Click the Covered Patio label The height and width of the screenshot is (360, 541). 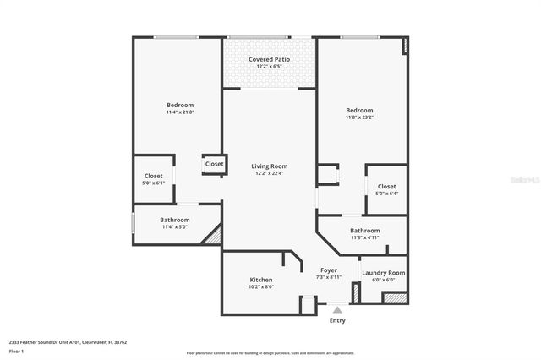[270, 59]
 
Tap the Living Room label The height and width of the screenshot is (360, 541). [270, 166]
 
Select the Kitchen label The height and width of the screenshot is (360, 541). [261, 280]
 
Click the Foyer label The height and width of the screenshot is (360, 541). [329, 270]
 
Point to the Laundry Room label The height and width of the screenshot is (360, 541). [383, 273]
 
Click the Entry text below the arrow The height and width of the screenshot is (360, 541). [337, 320]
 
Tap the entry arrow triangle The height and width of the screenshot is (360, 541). [337, 310]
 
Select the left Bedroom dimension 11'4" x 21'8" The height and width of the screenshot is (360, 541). [179, 112]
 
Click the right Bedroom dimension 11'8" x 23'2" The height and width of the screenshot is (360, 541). [359, 117]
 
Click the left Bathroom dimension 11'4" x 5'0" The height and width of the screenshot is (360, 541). [175, 226]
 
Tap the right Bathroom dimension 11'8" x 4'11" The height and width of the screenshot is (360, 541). [365, 237]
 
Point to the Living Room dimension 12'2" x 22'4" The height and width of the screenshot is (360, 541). [270, 173]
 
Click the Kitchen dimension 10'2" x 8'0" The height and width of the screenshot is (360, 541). [261, 286]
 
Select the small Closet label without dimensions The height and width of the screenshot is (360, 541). [215, 164]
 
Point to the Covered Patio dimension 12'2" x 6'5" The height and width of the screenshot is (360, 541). [270, 67]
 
